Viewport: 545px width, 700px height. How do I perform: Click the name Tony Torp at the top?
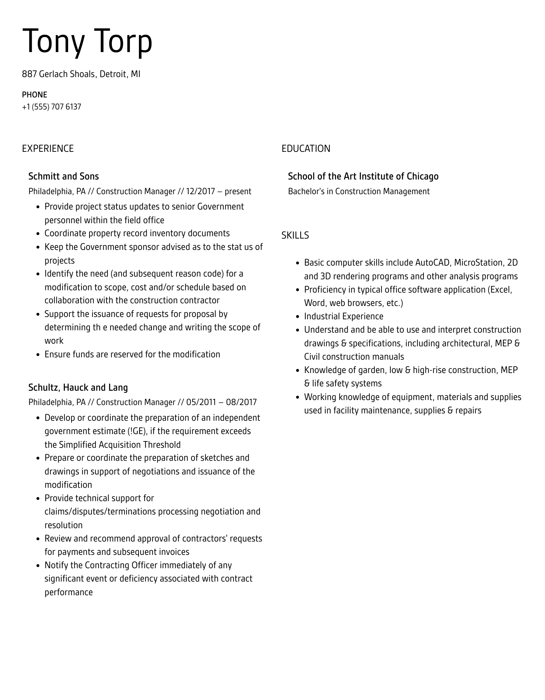pos(87,41)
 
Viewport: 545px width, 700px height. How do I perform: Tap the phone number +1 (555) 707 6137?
pos(51,107)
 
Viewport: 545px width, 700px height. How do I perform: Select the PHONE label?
pos(34,95)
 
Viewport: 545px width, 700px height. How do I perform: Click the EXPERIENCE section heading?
pos(48,148)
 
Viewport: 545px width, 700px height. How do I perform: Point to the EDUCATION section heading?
pos(306,148)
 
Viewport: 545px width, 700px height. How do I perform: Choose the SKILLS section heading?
pos(295,236)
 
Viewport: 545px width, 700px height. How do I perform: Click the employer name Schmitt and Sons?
pos(63,176)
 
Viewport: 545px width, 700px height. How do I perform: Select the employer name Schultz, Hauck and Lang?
pos(78,387)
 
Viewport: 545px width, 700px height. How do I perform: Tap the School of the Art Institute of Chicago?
pos(363,176)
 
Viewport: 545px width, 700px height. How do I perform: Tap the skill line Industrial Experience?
pos(343,316)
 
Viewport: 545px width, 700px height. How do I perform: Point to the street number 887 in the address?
pos(29,74)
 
